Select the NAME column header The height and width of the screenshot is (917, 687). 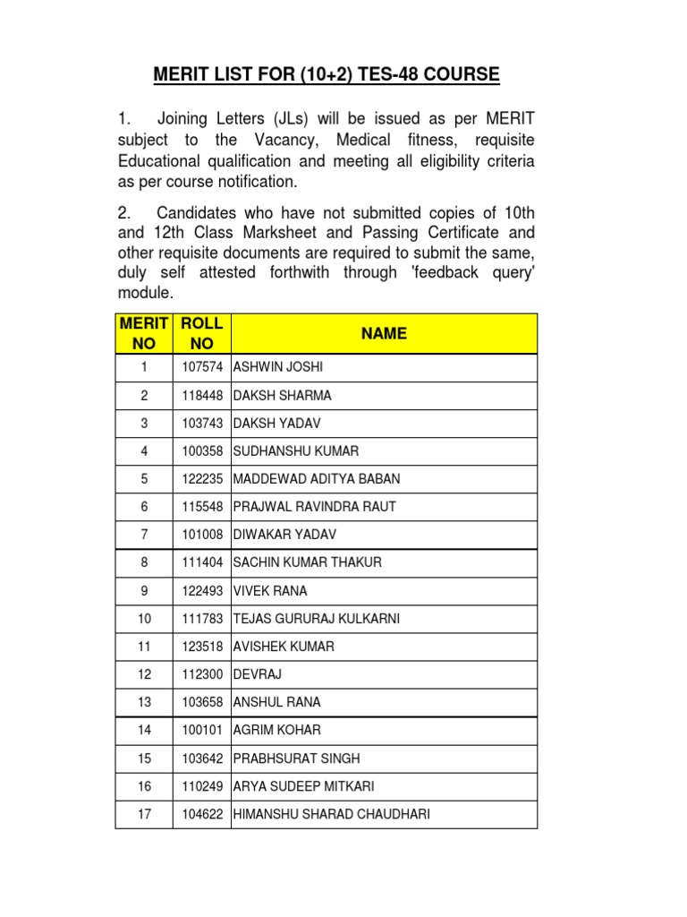pyautogui.click(x=384, y=333)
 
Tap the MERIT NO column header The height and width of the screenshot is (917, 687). pyautogui.click(x=144, y=333)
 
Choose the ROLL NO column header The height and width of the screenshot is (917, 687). pyautogui.click(x=201, y=333)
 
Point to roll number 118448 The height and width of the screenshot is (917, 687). pyautogui.click(x=201, y=396)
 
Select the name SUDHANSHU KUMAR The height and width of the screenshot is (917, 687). pyautogui.click(x=295, y=451)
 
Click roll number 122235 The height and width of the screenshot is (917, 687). pyautogui.click(x=201, y=479)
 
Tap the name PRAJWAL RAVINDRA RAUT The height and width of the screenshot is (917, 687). pyautogui.click(x=314, y=507)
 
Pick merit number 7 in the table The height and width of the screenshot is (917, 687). pyautogui.click(x=144, y=535)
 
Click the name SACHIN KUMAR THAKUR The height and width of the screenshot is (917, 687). pyautogui.click(x=307, y=562)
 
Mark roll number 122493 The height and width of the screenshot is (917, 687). pyautogui.click(x=201, y=591)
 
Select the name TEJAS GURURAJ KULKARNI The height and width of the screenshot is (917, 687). pyautogui.click(x=316, y=619)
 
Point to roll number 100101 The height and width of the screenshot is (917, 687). pyautogui.click(x=201, y=731)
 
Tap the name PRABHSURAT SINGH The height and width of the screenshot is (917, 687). pyautogui.click(x=296, y=758)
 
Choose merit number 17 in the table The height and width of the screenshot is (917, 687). pyautogui.click(x=144, y=814)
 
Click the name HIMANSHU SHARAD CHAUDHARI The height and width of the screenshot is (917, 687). pyautogui.click(x=331, y=814)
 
